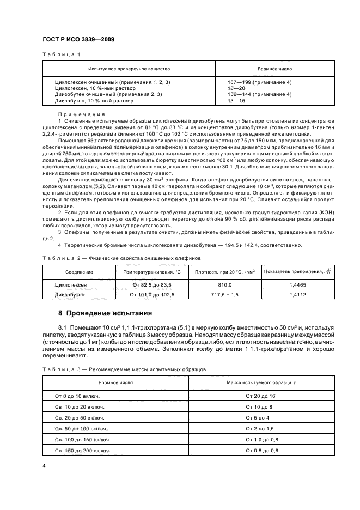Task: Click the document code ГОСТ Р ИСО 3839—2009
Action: (78, 40)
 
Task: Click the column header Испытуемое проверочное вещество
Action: (129, 69)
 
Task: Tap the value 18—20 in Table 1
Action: (236, 88)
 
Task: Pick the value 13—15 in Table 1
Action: (236, 101)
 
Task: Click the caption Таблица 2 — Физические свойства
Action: (123, 257)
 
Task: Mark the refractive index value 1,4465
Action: (298, 285)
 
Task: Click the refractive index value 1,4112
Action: (298, 295)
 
